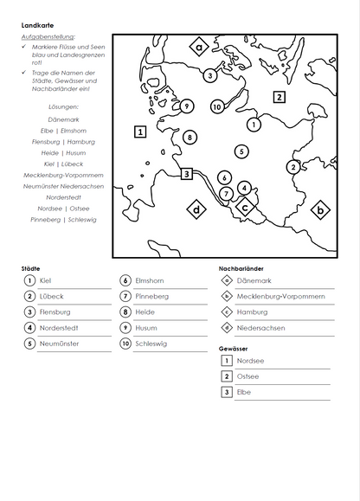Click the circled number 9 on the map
coord(187,106)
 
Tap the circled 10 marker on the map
coord(217,106)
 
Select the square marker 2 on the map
coord(279,97)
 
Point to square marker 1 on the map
coord(140,132)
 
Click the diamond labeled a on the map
coord(200,48)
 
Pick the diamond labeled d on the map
coord(197,209)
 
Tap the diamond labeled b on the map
coord(320,209)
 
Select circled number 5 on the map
coord(241,151)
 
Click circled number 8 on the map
coord(190,137)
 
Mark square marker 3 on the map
coord(186,174)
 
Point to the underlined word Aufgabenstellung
coord(48,37)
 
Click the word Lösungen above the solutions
coord(63,106)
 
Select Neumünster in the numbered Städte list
coord(59,344)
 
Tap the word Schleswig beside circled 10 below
coord(151,344)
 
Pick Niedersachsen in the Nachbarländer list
coord(260,328)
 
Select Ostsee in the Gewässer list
coord(247,376)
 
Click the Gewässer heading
coord(234,348)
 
